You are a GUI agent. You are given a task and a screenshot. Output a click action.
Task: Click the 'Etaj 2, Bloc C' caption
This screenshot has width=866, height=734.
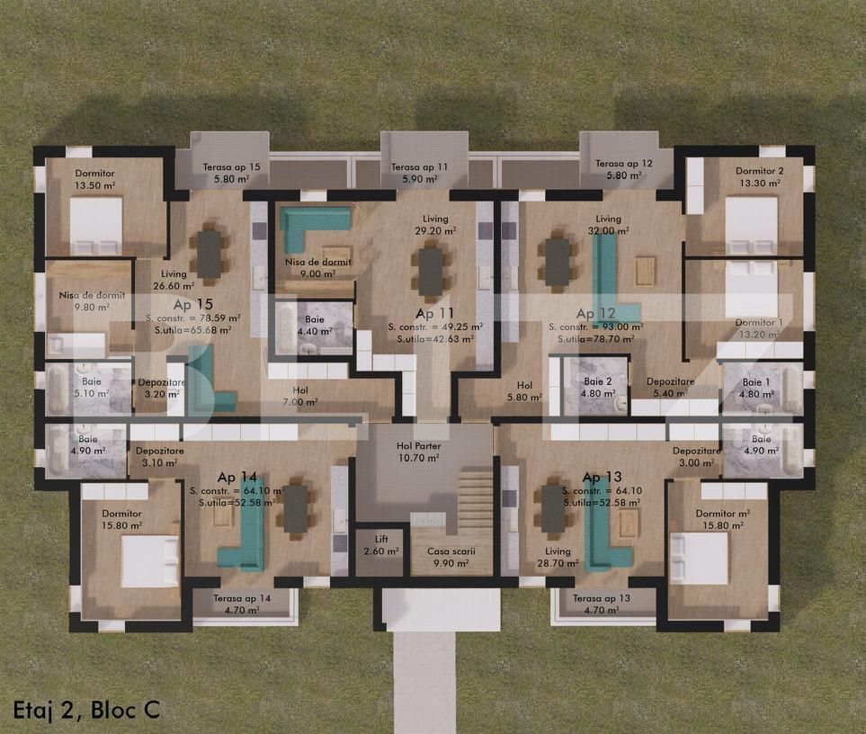[x=86, y=709]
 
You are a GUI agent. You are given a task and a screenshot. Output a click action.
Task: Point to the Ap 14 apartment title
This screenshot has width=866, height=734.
[x=237, y=477]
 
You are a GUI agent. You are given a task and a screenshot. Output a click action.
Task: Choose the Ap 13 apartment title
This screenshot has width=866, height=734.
[x=602, y=477]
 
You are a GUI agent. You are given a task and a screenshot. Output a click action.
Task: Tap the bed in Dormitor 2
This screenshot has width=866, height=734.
[x=751, y=225]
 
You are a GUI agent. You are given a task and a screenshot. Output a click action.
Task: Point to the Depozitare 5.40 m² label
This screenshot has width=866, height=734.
[x=670, y=388]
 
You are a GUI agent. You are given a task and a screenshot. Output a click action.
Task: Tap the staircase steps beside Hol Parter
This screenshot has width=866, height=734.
[x=475, y=505]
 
